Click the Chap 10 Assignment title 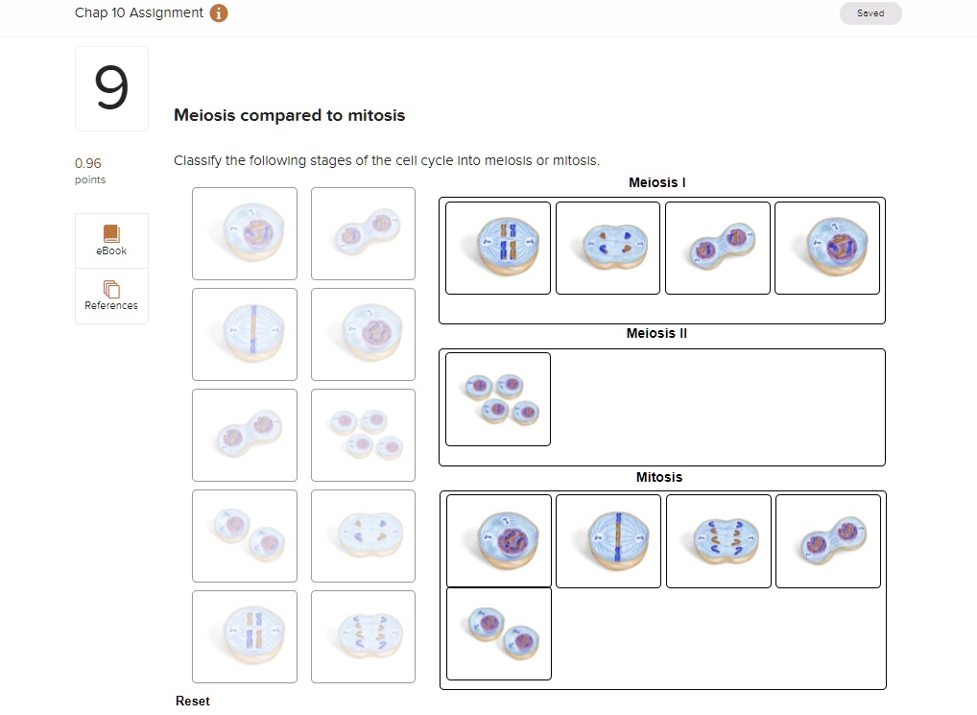pos(138,12)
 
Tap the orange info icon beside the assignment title pos(219,13)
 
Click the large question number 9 pos(111,88)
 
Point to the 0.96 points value pos(88,163)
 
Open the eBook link pos(111,240)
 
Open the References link pos(111,295)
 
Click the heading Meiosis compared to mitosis pos(289,115)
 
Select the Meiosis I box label pos(656,182)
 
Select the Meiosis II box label pos(656,334)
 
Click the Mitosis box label pos(658,477)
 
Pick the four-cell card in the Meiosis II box pos(498,399)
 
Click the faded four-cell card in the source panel pos(363,434)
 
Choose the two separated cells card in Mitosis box pos(499,633)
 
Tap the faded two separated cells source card pos(245,536)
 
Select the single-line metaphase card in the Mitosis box pos(608,541)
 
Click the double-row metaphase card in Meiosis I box pos(498,248)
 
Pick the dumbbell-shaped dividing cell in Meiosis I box pos(717,248)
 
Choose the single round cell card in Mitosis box pos(499,541)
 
